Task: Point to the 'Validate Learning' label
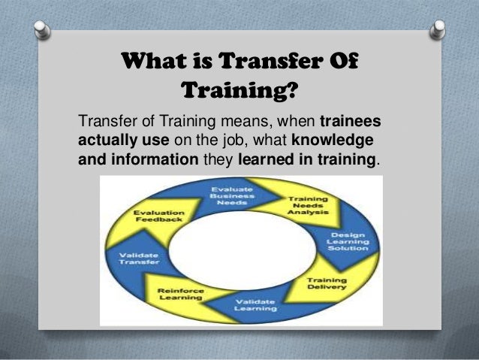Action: click(x=257, y=304)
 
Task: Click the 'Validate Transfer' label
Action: click(x=138, y=259)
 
